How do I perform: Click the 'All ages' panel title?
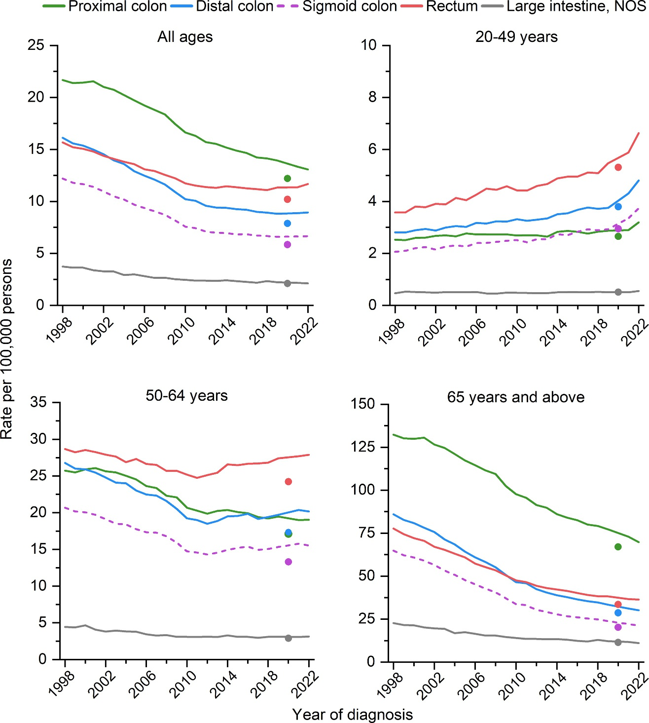point(185,37)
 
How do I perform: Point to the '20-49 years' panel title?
point(516,37)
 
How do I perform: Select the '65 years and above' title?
point(516,397)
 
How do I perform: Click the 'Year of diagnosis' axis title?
point(352,714)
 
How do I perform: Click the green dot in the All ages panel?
point(288,178)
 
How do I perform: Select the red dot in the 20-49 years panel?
point(618,167)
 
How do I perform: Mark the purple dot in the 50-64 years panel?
point(288,562)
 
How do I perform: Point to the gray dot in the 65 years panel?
point(618,642)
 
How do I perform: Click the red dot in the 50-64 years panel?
point(288,481)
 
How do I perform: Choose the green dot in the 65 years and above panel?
point(618,547)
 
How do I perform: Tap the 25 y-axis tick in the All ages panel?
point(36,45)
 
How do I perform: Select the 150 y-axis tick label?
point(362,404)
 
